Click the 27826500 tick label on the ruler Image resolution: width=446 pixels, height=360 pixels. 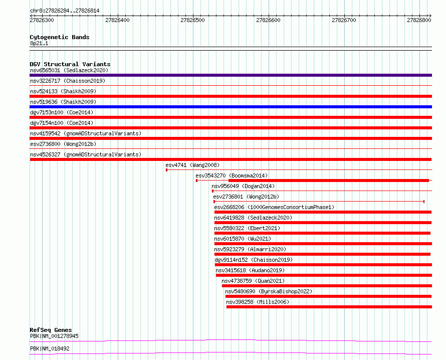coord(192,20)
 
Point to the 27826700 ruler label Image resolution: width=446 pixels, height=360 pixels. coord(344,20)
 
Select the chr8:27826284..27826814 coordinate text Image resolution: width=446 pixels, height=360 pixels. coord(65,11)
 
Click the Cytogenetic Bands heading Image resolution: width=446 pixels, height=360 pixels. coord(60,37)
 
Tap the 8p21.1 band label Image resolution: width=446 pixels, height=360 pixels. coord(39,43)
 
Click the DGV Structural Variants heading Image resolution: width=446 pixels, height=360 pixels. coord(70,64)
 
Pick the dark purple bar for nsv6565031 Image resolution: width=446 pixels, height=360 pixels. coord(231,75)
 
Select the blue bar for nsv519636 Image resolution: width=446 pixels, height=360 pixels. coord(231,107)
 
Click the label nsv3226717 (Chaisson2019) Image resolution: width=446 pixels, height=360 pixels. coord(68,81)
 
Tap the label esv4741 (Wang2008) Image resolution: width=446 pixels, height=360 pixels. coord(192,165)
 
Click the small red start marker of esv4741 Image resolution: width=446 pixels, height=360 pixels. coord(167,170)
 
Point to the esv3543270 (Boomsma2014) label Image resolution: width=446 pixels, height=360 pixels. coord(232,175)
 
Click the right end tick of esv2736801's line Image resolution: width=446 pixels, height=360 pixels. coord(424,202)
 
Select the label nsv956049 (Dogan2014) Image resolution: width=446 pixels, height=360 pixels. coord(243,186)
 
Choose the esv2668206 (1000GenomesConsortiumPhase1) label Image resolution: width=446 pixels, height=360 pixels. coord(274,207)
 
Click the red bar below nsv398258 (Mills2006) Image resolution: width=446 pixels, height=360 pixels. coord(329,307)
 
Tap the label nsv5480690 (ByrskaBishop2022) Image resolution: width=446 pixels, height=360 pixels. coord(269,291)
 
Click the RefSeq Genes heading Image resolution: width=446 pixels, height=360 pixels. coord(51,330)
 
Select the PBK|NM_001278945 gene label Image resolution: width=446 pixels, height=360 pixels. coord(54,336)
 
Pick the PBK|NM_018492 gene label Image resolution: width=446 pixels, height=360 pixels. coord(50,348)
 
